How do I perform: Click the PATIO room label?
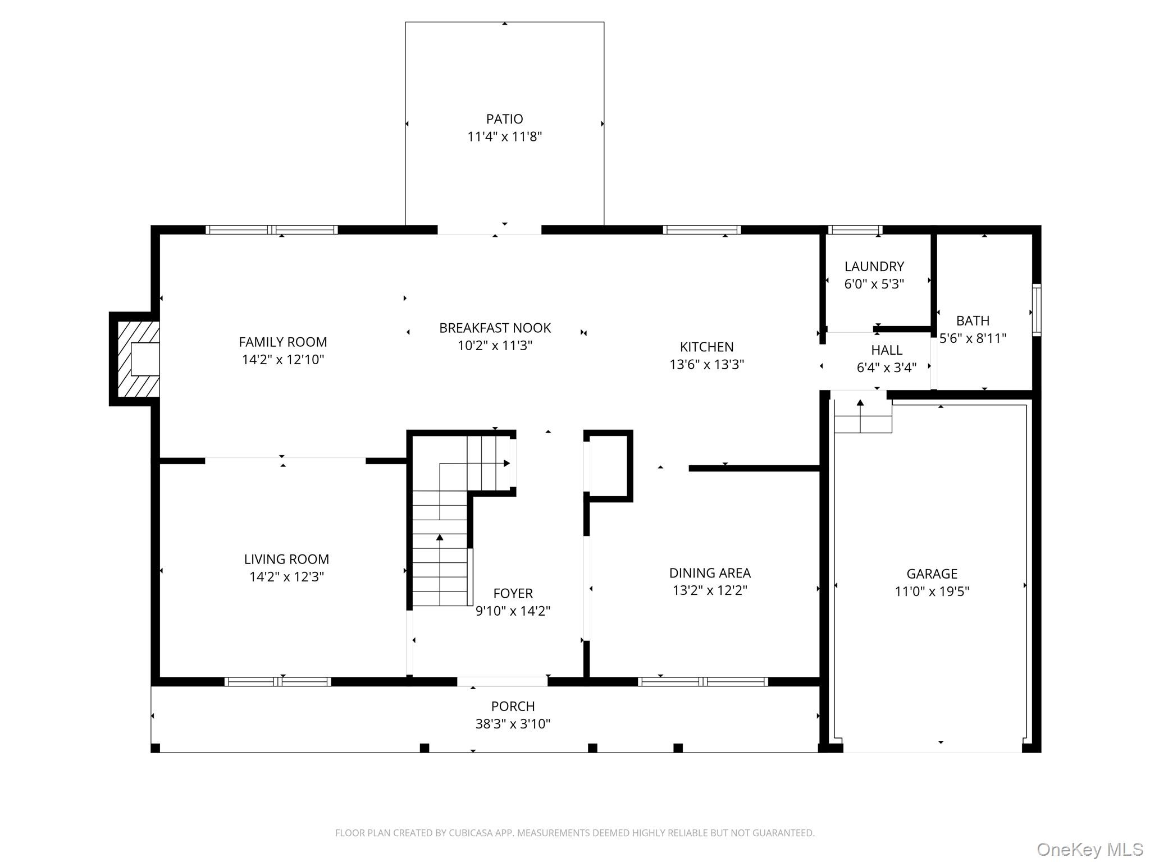pos(504,119)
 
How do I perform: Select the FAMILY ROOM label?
pos(283,342)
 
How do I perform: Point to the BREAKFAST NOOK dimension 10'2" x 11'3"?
pos(495,346)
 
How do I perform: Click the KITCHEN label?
pos(706,347)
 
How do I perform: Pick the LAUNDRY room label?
pos(874,267)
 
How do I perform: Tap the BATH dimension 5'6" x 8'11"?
pos(973,338)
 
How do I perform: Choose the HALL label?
pos(887,350)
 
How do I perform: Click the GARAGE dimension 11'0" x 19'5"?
pos(932,592)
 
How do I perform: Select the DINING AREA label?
pos(710,573)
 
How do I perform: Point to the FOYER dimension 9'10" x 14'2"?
pos(513,611)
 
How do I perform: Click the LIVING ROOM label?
pos(286,559)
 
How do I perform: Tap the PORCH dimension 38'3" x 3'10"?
pos(513,724)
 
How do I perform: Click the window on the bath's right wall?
pos(1037,310)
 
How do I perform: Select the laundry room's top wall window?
pos(855,230)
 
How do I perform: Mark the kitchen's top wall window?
pos(702,230)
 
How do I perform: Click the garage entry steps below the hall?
pos(862,415)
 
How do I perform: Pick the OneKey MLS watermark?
pos(1089,849)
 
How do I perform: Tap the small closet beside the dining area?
pos(608,466)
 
